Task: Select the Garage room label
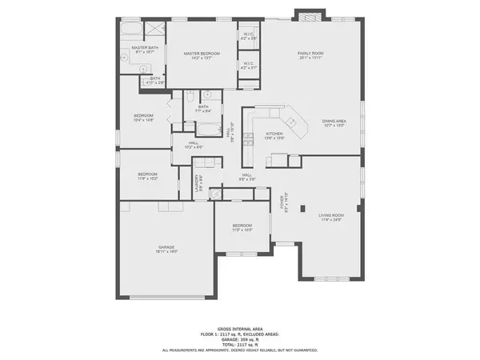(x=166, y=249)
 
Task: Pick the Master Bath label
(x=145, y=50)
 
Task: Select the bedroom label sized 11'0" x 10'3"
(x=242, y=228)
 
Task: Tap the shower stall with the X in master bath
(x=152, y=30)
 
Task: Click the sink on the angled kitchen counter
(x=292, y=122)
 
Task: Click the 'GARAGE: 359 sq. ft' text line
(x=240, y=339)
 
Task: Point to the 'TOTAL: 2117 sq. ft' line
(x=240, y=344)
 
